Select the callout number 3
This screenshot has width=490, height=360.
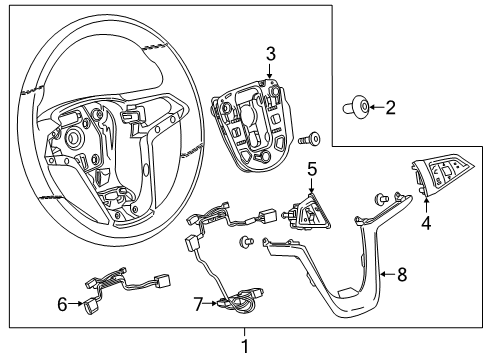(270, 52)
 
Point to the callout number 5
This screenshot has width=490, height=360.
(312, 170)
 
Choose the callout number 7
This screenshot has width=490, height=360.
(198, 302)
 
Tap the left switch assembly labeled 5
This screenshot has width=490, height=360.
(308, 213)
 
